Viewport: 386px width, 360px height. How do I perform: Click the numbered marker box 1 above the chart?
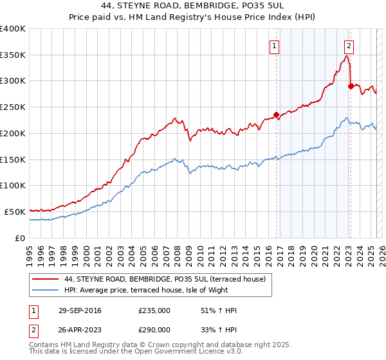pyautogui.click(x=275, y=45)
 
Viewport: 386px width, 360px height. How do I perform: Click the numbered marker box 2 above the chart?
pyautogui.click(x=349, y=45)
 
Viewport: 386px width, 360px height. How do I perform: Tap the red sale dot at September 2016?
pyautogui.click(x=277, y=116)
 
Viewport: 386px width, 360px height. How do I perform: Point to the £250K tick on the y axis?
pyautogui.click(x=13, y=107)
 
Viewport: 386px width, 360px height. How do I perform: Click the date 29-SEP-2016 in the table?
pyautogui.click(x=81, y=310)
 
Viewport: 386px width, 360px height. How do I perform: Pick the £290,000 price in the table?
pyautogui.click(x=154, y=329)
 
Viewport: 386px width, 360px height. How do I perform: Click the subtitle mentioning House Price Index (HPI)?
pyautogui.click(x=192, y=18)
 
